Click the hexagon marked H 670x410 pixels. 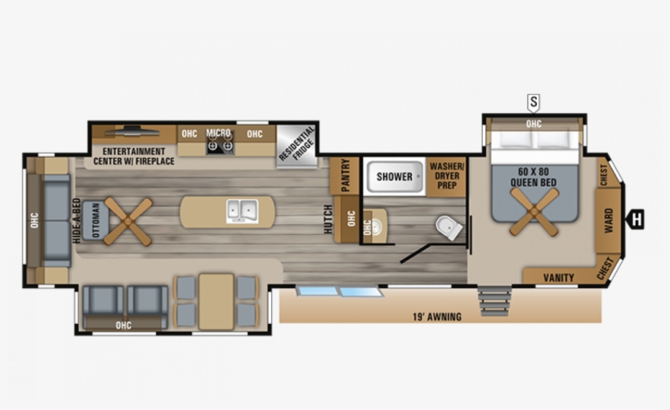point(637,219)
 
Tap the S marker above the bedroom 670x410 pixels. point(534,102)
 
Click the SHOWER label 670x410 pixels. point(395,176)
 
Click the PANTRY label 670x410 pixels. point(346,174)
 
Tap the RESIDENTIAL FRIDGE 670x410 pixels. point(296,146)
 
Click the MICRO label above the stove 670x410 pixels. point(218,132)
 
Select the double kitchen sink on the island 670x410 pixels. point(243,211)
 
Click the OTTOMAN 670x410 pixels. point(95,219)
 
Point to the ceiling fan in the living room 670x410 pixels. point(128,219)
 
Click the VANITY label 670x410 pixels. point(558,277)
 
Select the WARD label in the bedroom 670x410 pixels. point(609,221)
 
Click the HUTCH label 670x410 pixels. point(328,219)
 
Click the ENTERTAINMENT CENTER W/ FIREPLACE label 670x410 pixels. point(134,155)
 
